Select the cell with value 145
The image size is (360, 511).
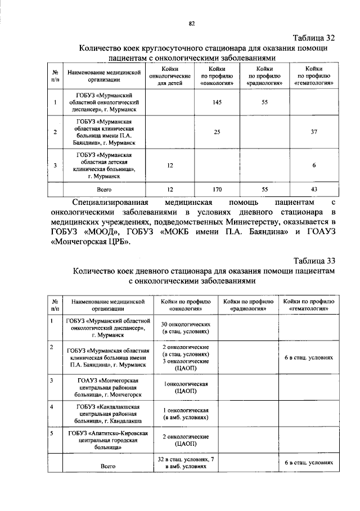point(217,102)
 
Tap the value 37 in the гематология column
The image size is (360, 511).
point(314,132)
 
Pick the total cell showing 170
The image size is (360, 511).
point(217,190)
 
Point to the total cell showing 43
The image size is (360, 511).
point(314,190)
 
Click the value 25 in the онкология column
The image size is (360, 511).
point(217,132)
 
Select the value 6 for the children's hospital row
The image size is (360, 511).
point(314,165)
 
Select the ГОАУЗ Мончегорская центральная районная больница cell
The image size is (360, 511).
point(107,388)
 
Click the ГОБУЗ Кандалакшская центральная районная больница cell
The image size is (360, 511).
point(107,414)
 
